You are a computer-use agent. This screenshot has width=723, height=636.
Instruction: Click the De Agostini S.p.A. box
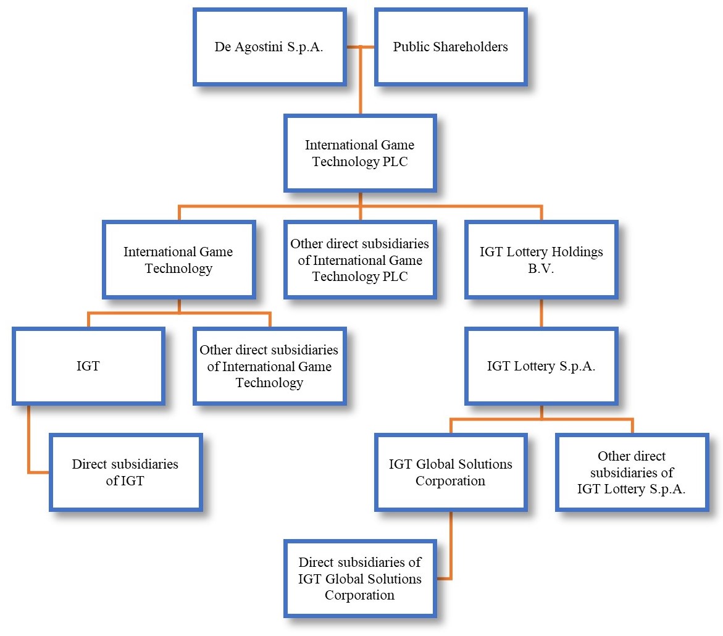[x=269, y=47]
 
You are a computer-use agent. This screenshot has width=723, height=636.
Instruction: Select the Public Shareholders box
[x=450, y=47]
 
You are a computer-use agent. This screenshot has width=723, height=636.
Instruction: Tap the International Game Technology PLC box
[x=360, y=153]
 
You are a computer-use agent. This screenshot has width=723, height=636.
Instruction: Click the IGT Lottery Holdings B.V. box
[x=541, y=260]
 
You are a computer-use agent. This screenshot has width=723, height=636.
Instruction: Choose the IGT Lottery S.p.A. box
[x=541, y=366]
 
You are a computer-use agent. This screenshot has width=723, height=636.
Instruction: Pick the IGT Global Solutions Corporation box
[x=450, y=472]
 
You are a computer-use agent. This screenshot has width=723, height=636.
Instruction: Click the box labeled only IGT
[x=88, y=366]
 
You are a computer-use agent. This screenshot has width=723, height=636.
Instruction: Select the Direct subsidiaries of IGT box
[x=125, y=472]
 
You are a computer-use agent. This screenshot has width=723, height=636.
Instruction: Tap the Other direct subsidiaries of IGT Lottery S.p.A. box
[x=632, y=472]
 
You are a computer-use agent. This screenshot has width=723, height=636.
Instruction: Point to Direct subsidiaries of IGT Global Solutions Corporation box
[x=360, y=579]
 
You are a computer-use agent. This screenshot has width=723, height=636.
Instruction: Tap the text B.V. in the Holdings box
[x=541, y=269]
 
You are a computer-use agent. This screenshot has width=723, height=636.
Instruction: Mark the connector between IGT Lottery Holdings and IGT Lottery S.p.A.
[x=541, y=313]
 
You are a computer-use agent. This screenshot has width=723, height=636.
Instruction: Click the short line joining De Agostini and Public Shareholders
[x=360, y=47]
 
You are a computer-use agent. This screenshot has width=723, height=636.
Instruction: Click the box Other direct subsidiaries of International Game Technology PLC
[x=360, y=260]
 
